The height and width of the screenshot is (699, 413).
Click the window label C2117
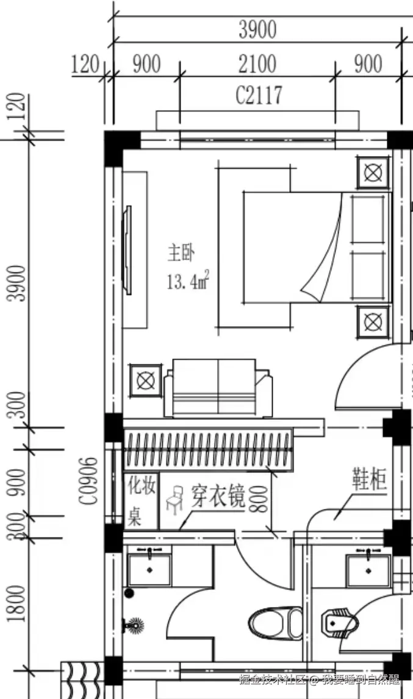pyautogui.click(x=259, y=95)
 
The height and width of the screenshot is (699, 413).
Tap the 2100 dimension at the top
pyautogui.click(x=257, y=64)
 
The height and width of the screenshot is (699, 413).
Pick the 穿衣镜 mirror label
pyautogui.click(x=218, y=497)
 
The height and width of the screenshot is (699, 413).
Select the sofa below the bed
pyautogui.click(x=217, y=388)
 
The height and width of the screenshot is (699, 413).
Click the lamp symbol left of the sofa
pyautogui.click(x=145, y=381)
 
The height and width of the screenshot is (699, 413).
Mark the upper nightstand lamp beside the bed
pyautogui.click(x=372, y=172)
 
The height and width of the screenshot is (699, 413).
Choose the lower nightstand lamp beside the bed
pyautogui.click(x=372, y=321)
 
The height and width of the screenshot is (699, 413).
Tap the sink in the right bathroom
pyautogui.click(x=368, y=569)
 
